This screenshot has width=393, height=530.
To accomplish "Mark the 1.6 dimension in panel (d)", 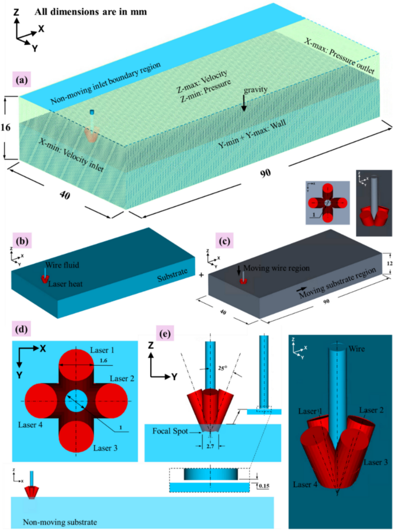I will pos(103,359).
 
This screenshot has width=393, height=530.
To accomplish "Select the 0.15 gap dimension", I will pos(264,486).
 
